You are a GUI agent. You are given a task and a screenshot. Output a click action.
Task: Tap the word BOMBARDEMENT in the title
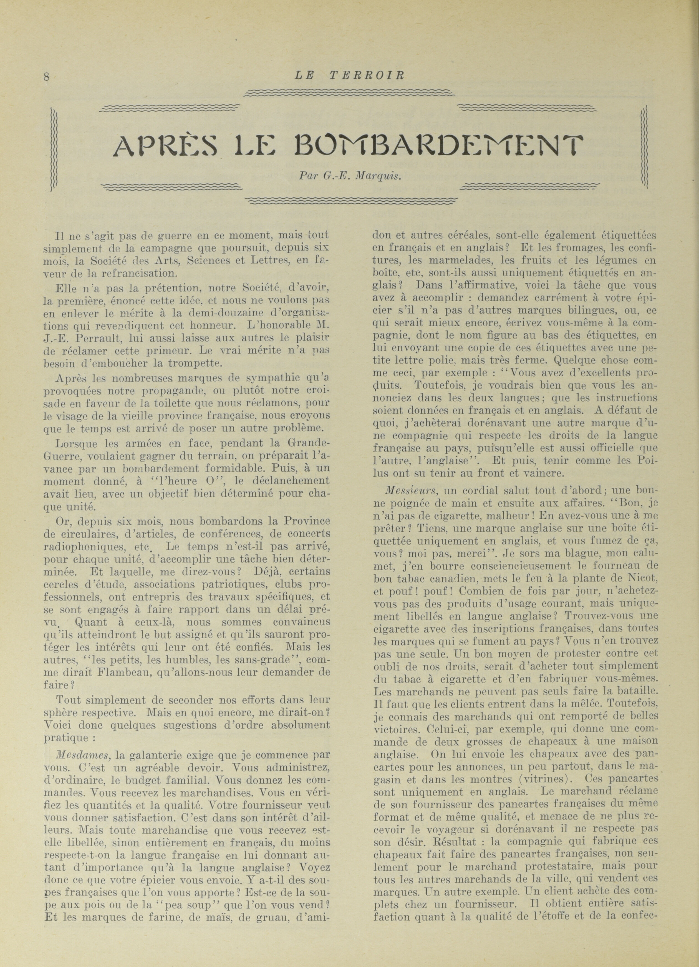pyautogui.click(x=439, y=146)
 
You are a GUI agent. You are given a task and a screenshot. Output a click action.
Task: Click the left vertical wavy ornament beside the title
pyautogui.click(x=54, y=149)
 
